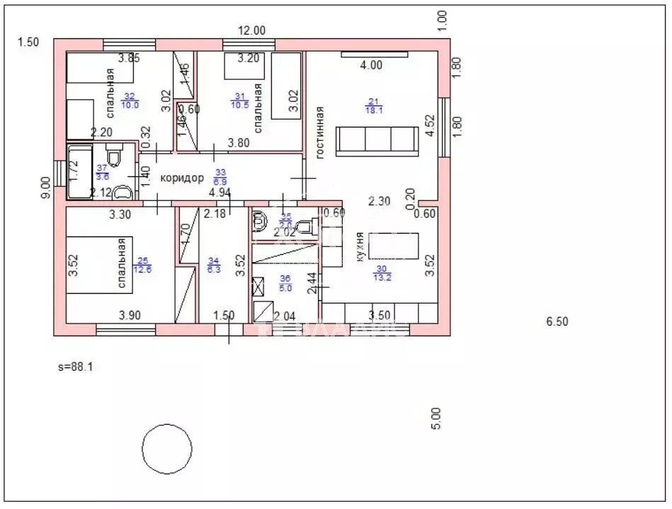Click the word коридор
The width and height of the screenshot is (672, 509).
182,178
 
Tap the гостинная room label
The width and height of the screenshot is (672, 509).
320,132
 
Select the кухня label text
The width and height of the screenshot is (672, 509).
360,248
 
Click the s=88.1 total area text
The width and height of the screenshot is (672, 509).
76,367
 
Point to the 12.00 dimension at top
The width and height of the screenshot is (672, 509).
251,30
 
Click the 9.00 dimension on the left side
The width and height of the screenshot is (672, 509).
46,188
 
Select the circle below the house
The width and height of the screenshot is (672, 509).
167,449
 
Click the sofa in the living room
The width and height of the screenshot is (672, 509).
377,141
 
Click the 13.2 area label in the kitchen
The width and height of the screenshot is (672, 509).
383,277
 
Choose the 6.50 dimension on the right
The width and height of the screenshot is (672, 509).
557,321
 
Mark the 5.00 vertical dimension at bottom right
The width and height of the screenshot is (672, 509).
436,418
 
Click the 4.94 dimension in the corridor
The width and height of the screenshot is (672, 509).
220,192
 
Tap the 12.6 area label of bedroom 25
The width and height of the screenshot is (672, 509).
142,268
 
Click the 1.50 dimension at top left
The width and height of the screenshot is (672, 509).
28,42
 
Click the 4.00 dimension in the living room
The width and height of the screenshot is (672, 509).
370,65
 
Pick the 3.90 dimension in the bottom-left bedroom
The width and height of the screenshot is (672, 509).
130,315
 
